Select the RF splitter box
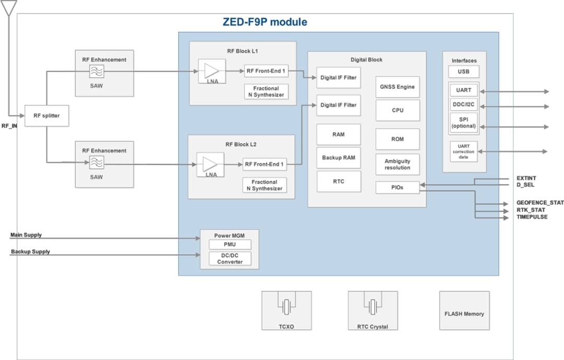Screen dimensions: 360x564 click(x=46, y=115)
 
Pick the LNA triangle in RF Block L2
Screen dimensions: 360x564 click(x=210, y=164)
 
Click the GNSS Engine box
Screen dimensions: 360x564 click(x=397, y=87)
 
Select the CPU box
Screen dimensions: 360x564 click(x=397, y=110)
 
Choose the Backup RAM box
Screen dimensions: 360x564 click(x=338, y=158)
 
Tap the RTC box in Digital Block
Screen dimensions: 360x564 click(x=338, y=181)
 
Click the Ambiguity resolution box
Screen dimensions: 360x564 click(x=397, y=165)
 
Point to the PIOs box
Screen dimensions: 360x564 click(x=397, y=187)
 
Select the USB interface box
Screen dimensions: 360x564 click(x=464, y=72)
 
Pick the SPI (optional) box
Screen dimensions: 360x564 click(x=464, y=123)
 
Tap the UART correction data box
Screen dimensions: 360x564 click(x=464, y=152)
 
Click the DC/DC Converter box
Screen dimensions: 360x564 click(x=230, y=259)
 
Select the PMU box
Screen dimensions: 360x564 click(x=230, y=245)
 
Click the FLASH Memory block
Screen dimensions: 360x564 click(x=464, y=313)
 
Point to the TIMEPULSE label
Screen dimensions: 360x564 click(x=532, y=217)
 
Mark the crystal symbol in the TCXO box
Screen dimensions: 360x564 click(x=286, y=307)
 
